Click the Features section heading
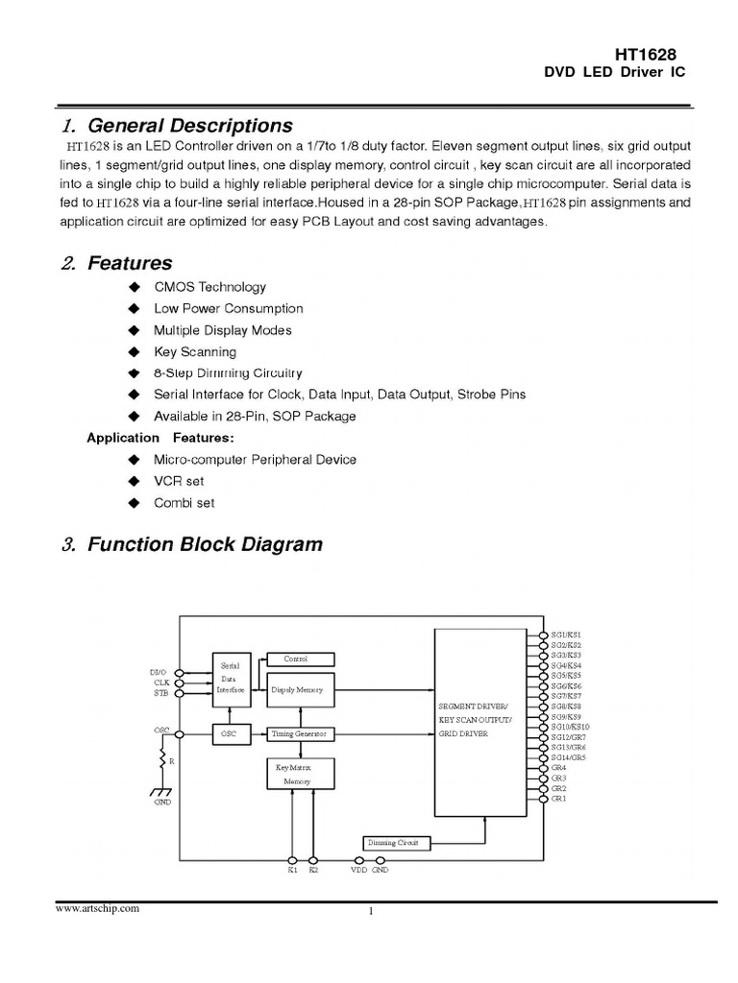pos(130,262)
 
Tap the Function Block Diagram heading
pos(205,545)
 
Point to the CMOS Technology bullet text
pos(209,287)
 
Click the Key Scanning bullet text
pos(195,351)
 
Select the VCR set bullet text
pos(179,481)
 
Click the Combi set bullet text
pos(184,502)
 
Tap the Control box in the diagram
pos(301,659)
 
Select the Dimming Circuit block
pos(396,842)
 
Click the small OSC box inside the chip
pos(231,733)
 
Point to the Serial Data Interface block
pos(231,678)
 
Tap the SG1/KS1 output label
pos(566,635)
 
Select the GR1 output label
pos(559,799)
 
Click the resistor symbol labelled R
pos(161,760)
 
